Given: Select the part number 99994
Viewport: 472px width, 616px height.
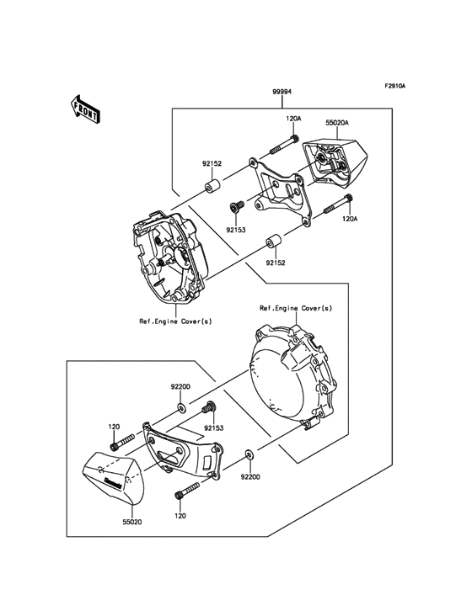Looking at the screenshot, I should (x=282, y=93).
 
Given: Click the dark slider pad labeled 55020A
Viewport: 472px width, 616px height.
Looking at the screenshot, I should (x=335, y=161).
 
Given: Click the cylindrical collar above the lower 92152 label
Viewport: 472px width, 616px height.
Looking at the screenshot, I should (x=273, y=244).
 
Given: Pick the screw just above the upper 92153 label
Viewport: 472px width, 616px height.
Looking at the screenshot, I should (x=236, y=206).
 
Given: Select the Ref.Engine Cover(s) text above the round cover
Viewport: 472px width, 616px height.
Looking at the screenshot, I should (x=295, y=309).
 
